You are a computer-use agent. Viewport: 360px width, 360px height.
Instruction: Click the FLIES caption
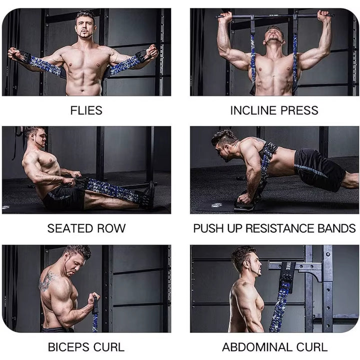pos(86,110)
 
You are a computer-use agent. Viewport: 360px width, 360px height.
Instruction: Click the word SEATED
pos(68,228)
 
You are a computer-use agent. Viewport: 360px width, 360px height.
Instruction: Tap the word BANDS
pos(336,228)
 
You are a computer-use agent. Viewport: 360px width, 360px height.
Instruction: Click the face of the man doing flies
pos(85,25)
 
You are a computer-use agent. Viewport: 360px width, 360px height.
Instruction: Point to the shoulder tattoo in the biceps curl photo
pos(47,281)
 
